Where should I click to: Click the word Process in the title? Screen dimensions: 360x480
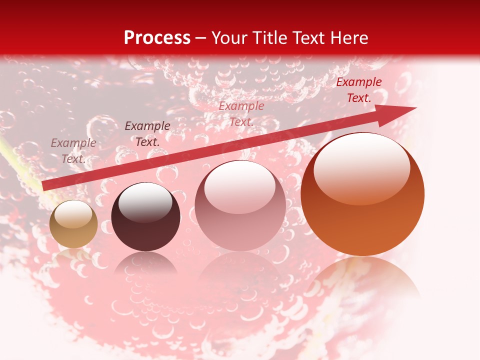(x=157, y=38)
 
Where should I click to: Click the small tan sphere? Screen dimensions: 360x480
(x=73, y=224)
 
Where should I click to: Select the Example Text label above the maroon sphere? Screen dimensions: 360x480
(x=147, y=134)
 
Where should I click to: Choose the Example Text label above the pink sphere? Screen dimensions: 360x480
(x=241, y=113)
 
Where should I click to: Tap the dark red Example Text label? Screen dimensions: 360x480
(x=358, y=90)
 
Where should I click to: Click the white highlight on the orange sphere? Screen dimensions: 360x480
(x=361, y=168)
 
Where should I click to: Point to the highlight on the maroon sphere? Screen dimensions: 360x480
(x=145, y=202)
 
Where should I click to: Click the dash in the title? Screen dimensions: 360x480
(x=201, y=39)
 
